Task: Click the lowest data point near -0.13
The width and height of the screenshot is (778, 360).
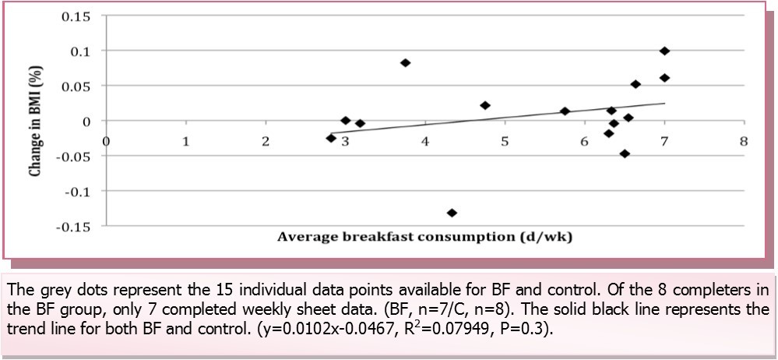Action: coord(452,213)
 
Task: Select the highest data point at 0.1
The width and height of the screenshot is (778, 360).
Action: coord(664,51)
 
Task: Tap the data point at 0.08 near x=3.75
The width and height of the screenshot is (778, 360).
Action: coord(405,62)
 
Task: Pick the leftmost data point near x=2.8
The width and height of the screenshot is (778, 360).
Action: coord(331,138)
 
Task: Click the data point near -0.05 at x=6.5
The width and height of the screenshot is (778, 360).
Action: coord(625,154)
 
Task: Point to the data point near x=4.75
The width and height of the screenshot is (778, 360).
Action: coord(485,105)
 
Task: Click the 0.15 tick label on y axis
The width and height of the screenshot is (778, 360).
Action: coord(76,16)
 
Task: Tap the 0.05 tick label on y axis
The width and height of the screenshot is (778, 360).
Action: coord(76,86)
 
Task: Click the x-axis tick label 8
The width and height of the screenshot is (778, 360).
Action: coord(744,142)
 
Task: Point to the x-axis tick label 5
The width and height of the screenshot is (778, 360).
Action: coord(505,142)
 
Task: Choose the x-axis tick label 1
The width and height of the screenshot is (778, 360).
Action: coord(185,142)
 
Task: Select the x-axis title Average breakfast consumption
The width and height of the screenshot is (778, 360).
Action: coord(424,237)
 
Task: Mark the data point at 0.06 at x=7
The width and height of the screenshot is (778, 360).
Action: coord(664,78)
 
